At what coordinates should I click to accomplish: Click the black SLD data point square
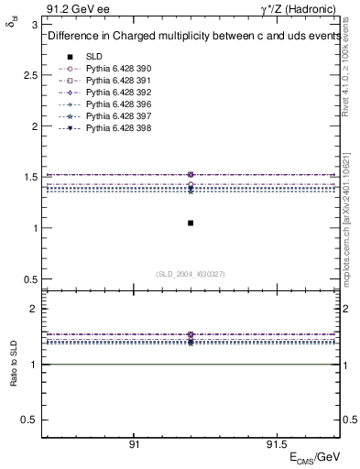coord(191,223)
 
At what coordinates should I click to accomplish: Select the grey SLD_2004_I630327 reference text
coord(191,274)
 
